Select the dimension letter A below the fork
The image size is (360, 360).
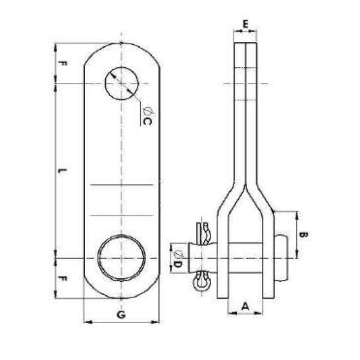click(245, 306)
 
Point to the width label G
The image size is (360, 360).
click(121, 315)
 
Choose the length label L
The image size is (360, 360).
click(63, 171)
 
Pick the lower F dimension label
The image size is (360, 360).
click(63, 279)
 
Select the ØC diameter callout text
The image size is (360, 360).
click(147, 116)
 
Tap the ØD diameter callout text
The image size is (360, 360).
click(177, 259)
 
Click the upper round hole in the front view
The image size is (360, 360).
click(122, 84)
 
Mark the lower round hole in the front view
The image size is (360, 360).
click(122, 258)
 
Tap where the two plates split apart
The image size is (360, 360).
click(245, 185)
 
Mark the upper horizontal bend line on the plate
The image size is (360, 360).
click(121, 185)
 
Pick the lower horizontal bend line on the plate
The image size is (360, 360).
click(121, 215)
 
